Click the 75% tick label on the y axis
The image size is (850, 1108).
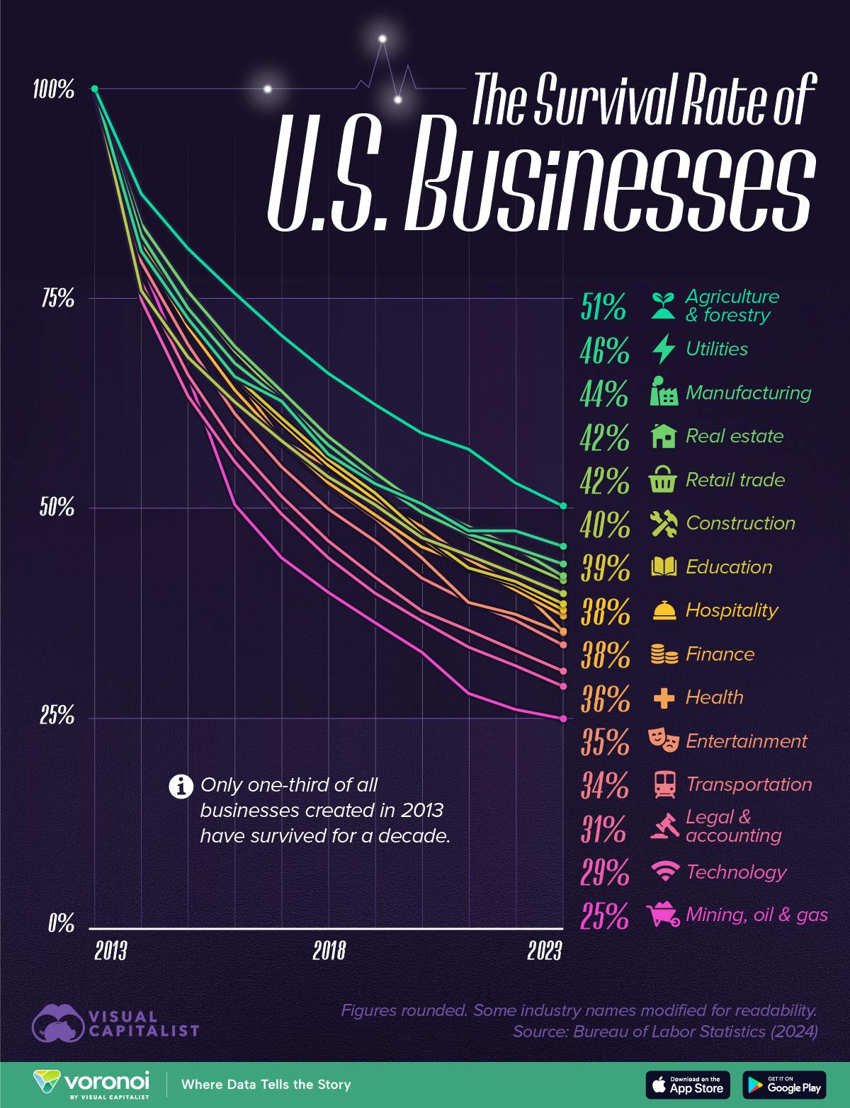(56, 299)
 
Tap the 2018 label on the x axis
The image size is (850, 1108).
(329, 950)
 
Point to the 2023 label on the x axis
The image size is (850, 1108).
(544, 950)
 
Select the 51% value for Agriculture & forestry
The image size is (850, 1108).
(604, 307)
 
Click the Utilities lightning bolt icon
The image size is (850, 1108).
(664, 349)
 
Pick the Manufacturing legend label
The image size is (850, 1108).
(748, 393)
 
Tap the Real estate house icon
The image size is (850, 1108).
(664, 436)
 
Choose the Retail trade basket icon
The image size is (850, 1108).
(664, 480)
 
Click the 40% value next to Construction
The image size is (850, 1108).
(604, 525)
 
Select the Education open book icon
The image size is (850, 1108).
(664, 567)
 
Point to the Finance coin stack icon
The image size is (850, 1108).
(664, 654)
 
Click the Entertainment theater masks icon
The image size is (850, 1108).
(664, 741)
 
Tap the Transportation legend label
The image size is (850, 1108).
(749, 784)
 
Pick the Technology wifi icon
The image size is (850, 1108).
(664, 872)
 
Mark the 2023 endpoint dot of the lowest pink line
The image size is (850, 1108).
(563, 719)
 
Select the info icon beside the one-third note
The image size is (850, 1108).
(182, 786)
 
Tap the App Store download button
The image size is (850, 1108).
(687, 1085)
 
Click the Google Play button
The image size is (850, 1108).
(784, 1085)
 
